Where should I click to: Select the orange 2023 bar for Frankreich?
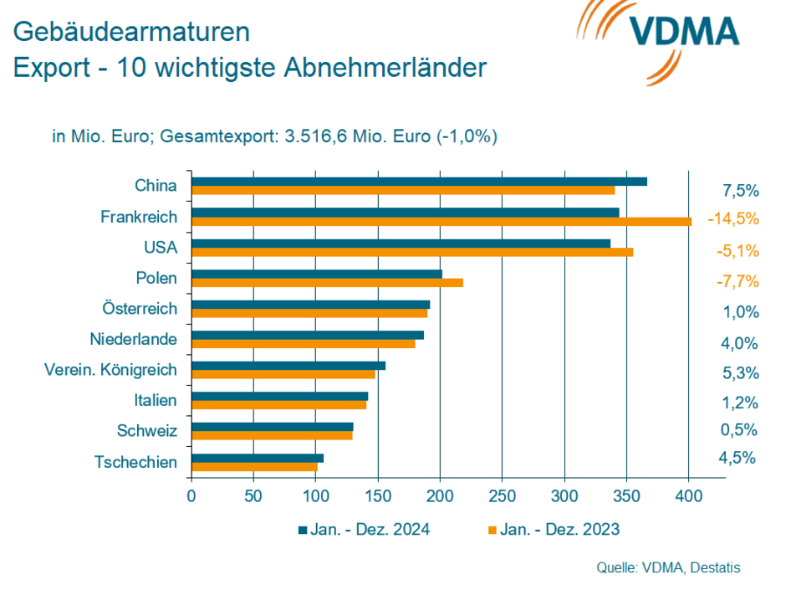[x=441, y=222]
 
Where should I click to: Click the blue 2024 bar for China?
[x=419, y=181]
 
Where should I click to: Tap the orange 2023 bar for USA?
[x=412, y=252]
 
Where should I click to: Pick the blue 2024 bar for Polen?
[x=317, y=274]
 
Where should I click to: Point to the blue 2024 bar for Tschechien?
[x=258, y=458]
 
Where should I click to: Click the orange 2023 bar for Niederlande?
[x=304, y=344]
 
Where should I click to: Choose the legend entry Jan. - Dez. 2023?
[x=554, y=529]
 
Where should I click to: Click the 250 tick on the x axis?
[x=502, y=495]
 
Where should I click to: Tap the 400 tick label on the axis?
[x=688, y=495]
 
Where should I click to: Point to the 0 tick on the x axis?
[x=191, y=495]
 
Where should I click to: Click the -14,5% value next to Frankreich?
[x=732, y=218]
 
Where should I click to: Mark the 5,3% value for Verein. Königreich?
[x=740, y=372]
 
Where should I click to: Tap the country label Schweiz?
[x=147, y=431]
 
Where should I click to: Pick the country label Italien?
[x=156, y=401]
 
